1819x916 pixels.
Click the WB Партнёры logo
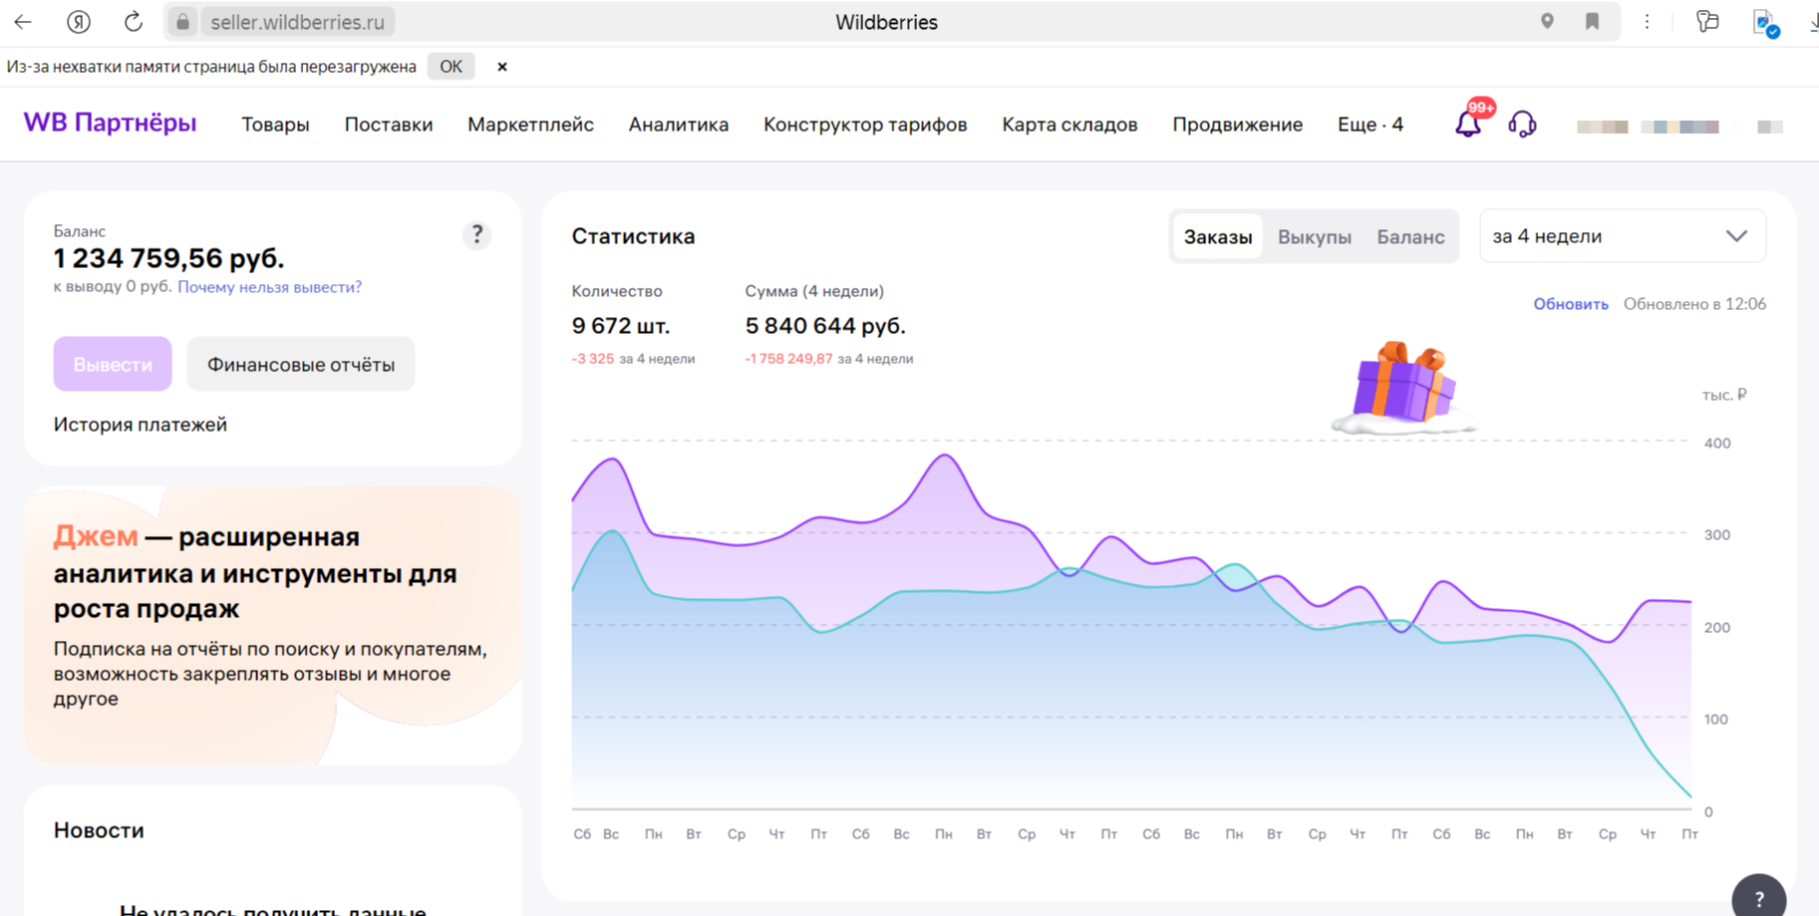[x=110, y=123]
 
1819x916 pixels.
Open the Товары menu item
[x=275, y=125]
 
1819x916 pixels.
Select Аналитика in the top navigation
[x=678, y=125]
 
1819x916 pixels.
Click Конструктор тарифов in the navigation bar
[x=864, y=125]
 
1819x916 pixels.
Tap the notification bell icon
[x=1467, y=125]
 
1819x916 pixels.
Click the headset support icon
[x=1522, y=125]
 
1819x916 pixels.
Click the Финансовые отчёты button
[x=300, y=365]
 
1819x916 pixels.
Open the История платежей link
[x=141, y=425]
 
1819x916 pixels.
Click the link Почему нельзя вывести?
[x=269, y=287]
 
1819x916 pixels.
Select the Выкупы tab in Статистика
[x=1314, y=237]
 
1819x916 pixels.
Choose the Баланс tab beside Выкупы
[x=1410, y=237]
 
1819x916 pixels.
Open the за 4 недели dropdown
[x=1622, y=236]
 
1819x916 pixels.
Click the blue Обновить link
[x=1570, y=304]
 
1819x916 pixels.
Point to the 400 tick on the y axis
[x=1716, y=444]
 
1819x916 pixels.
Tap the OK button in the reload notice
[x=451, y=67]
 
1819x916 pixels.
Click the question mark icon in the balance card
[x=476, y=234]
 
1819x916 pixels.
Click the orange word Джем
[x=96, y=536]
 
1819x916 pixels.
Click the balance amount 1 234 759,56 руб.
[x=168, y=259]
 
